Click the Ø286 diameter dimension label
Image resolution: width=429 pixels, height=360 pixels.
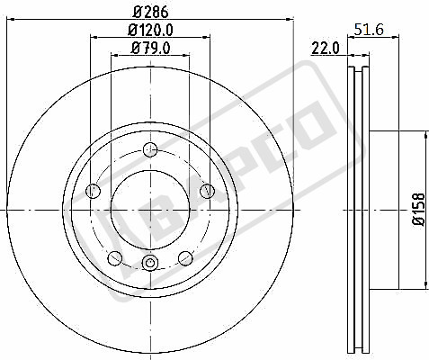point(151,12)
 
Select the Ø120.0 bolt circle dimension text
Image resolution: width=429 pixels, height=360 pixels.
point(151,30)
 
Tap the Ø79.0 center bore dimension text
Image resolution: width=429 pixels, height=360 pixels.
point(151,48)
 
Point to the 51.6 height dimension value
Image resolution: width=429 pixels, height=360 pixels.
point(369,30)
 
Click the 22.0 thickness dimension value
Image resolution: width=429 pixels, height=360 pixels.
point(326,49)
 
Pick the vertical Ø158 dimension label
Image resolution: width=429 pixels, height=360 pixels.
point(419,210)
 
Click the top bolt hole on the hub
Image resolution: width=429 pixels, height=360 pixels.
point(150,149)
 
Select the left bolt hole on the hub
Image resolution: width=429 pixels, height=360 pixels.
point(93,191)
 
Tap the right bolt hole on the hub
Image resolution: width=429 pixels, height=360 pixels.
point(208,191)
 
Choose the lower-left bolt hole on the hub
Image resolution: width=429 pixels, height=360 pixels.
point(115,258)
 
